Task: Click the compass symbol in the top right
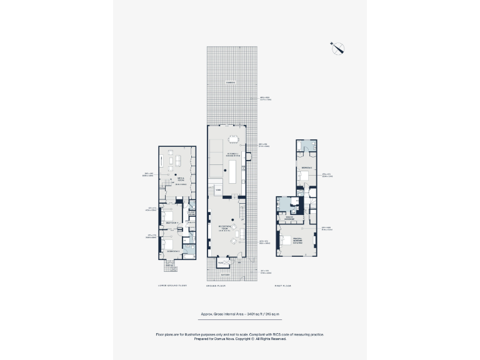[x=338, y=47]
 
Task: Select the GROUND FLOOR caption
[x=216, y=285]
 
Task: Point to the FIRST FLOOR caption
[x=283, y=285]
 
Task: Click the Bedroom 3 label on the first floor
[x=306, y=168]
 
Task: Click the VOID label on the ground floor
[x=218, y=189]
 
